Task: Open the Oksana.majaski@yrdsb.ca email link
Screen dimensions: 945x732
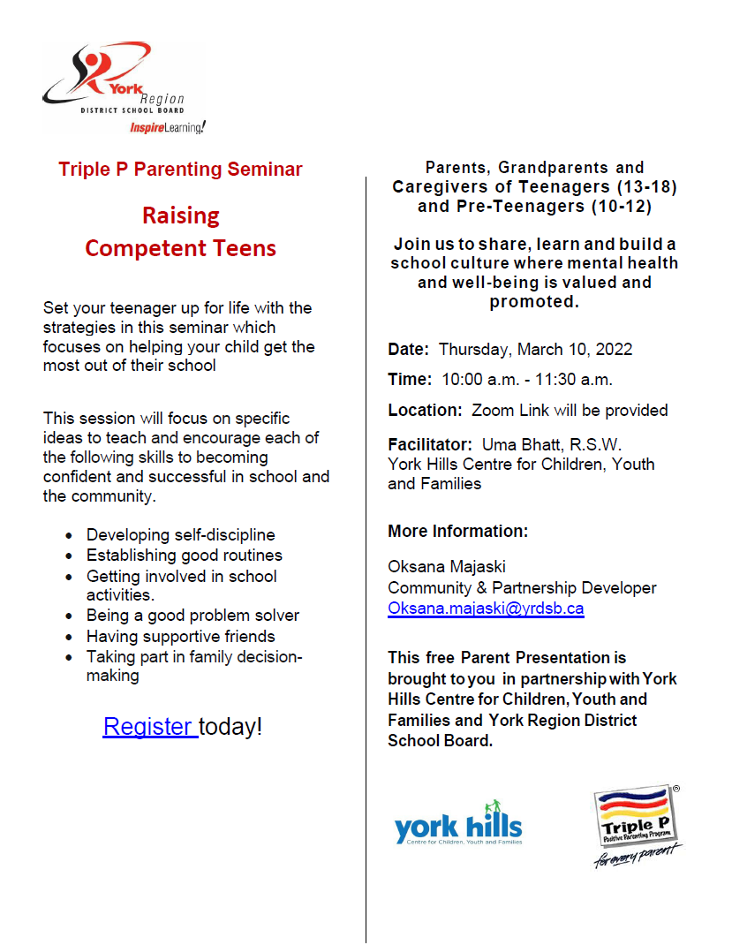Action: click(x=486, y=609)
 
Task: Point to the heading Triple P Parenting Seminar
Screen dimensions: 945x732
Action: click(x=180, y=169)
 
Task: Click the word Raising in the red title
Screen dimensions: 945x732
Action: click(x=181, y=215)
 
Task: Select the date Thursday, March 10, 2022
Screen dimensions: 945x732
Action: click(x=535, y=349)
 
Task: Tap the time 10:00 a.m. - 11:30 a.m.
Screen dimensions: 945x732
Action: click(x=527, y=380)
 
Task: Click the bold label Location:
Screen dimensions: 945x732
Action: click(x=425, y=410)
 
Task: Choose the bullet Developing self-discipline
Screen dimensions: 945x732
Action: click(x=180, y=534)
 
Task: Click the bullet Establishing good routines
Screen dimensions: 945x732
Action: click(x=184, y=556)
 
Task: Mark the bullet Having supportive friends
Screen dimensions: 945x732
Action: click(x=180, y=637)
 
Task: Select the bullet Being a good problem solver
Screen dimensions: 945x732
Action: click(x=192, y=616)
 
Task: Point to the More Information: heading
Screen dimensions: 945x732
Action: click(x=457, y=532)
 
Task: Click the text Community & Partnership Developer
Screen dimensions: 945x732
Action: click(x=522, y=587)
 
